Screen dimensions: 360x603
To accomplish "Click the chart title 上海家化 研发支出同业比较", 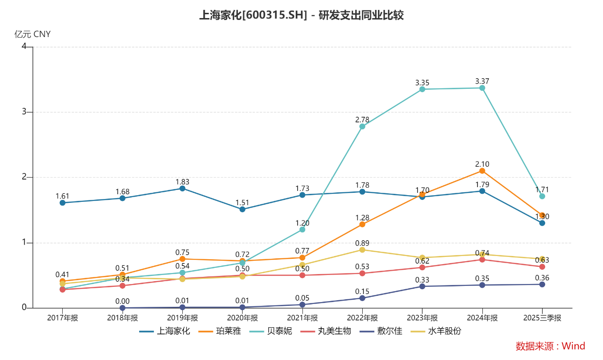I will pos(301,15).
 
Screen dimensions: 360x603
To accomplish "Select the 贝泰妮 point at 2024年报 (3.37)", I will pos(482,88).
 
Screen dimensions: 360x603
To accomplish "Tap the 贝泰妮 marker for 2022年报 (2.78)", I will pos(362,126).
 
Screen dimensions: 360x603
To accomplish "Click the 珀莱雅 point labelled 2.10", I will pos(482,171).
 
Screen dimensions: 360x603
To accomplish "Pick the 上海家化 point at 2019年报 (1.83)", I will pos(182,189).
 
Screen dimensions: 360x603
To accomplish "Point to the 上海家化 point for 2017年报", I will pos(63,203).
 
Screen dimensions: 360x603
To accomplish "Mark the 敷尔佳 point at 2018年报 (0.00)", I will pos(122,308).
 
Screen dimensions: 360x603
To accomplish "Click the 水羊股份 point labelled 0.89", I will pos(362,250).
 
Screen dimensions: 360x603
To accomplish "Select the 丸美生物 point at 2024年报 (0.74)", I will pos(482,259).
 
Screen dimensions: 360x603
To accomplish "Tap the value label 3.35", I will pos(422,83).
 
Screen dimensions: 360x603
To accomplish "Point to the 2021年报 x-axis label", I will pos(302,318).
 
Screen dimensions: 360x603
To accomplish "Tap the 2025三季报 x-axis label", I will pos(542,318).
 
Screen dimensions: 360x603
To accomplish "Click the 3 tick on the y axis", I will pos(24,112).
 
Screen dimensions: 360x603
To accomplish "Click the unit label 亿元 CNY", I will pos(32,34).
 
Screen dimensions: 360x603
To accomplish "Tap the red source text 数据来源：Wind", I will pos(550,346).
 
